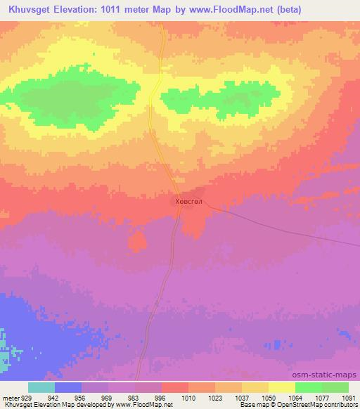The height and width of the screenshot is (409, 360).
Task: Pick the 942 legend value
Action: (x=53, y=397)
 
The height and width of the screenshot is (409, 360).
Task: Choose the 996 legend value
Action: (x=161, y=397)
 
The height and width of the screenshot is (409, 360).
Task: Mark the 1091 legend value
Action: (x=349, y=397)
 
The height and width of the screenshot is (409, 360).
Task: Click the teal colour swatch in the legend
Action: (x=41, y=387)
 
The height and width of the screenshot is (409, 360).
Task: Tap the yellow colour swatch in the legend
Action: (x=282, y=387)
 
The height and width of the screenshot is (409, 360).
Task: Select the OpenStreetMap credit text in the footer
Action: (x=310, y=405)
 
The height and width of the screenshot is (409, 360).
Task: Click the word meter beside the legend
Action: (x=9, y=397)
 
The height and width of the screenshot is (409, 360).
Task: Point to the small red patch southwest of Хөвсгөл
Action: (x=138, y=241)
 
